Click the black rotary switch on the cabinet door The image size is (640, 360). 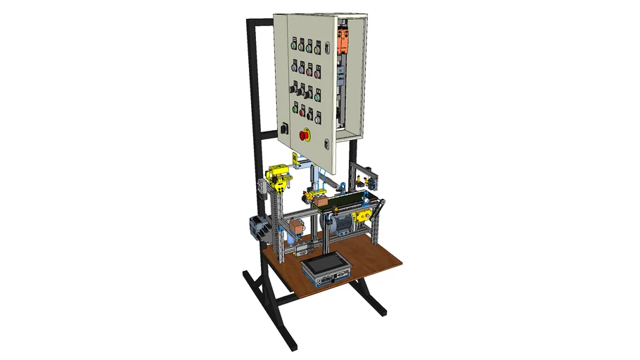tap(283, 129)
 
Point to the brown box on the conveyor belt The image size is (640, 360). tap(321, 200)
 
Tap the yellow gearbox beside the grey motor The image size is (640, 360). tap(361, 215)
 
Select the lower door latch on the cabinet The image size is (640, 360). tap(326, 144)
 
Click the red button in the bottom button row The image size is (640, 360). tap(302, 111)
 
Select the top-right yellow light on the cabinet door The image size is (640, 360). tap(317, 49)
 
